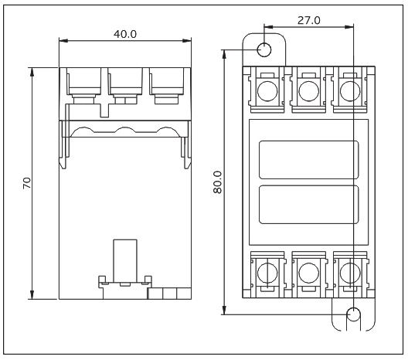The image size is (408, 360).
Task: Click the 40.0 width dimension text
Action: [125, 34]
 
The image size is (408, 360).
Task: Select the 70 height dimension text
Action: [27, 183]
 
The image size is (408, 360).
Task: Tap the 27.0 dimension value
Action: [309, 20]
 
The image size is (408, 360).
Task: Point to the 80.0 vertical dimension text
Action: [218, 182]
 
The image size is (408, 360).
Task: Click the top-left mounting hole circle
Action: [264, 49]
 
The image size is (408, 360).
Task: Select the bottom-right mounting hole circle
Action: [353, 314]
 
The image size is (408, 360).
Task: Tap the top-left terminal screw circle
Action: [267, 91]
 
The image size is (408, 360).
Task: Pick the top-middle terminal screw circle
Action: [308, 91]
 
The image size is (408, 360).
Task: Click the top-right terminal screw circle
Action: [350, 91]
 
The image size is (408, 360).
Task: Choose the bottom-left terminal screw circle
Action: [267, 273]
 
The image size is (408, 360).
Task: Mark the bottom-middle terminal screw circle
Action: [308, 273]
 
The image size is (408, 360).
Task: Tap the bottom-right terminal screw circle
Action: [350, 273]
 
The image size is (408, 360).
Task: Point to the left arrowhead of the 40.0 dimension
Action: [63, 41]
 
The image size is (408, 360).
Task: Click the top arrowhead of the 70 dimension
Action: [32, 72]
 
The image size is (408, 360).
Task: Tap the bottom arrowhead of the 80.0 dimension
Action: [224, 310]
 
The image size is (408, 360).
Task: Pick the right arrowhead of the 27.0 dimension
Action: [349, 27]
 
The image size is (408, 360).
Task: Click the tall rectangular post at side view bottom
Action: [125, 261]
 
